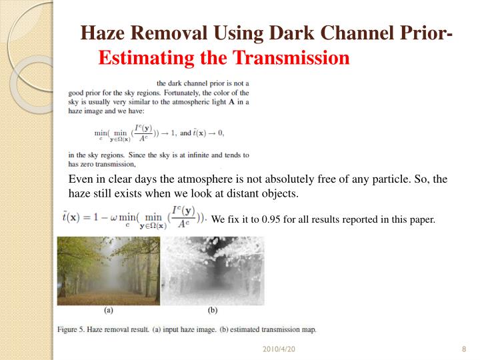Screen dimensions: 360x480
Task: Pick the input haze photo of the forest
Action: [108, 271]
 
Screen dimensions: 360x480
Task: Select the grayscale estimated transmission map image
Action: [213, 271]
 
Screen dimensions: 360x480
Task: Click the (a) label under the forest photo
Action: [108, 310]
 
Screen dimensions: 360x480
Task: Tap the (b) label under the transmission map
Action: [213, 310]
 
